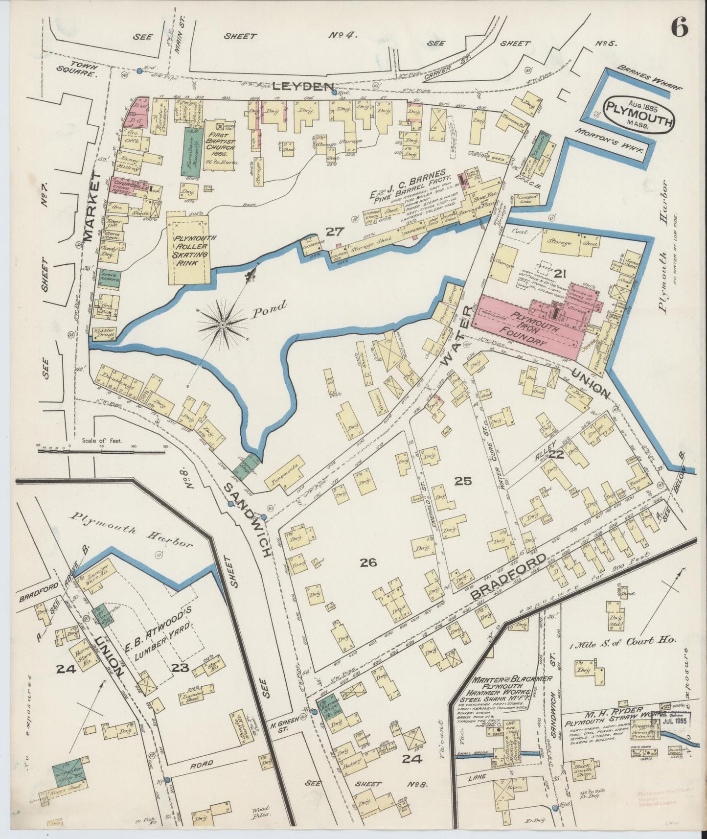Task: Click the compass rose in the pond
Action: coord(223,324)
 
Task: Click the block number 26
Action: coord(368,563)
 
